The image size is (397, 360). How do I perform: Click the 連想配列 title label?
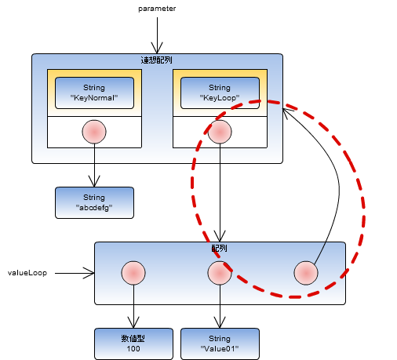coord(157,60)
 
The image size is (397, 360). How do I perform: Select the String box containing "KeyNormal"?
coord(94,93)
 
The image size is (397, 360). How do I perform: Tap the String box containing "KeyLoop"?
coord(220,93)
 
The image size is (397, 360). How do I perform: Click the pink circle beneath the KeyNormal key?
coord(94,132)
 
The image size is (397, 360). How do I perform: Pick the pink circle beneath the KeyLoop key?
coord(220,132)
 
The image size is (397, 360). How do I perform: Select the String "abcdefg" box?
coord(94,202)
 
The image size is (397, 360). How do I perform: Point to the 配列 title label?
coord(220,248)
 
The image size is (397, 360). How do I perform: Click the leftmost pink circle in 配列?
coord(133,273)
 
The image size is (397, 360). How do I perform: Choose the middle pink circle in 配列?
coord(220,273)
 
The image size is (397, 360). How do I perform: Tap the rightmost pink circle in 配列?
coord(306,273)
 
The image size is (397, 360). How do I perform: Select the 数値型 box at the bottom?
coord(133,344)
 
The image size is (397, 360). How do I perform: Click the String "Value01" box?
coord(220,344)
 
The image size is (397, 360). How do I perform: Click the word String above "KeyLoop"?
coord(220,88)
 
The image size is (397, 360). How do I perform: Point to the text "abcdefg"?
coord(94,208)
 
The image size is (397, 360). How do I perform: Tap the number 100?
coord(133,348)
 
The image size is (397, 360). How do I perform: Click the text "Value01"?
coord(220,348)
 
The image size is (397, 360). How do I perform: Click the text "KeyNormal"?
coord(94,99)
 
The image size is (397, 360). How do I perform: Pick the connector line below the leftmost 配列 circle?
coord(133,294)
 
